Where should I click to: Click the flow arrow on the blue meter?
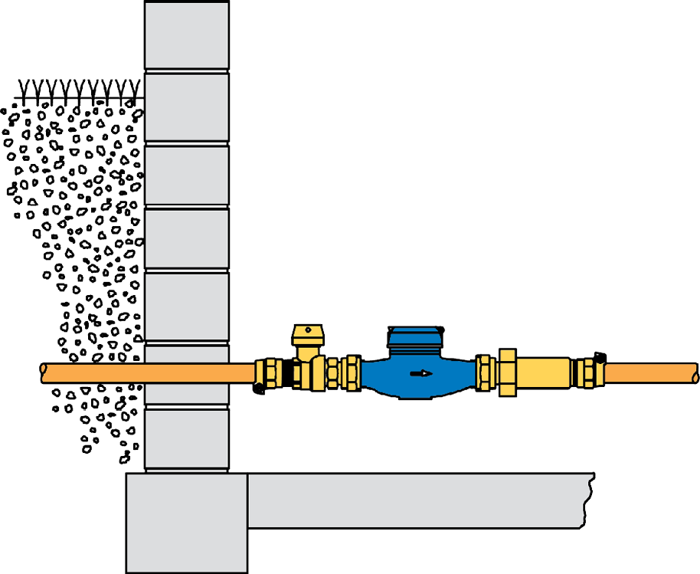point(421,374)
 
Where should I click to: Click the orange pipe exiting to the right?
point(651,373)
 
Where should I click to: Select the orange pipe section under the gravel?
point(92,373)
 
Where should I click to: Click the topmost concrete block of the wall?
point(187,35)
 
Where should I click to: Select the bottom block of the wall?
point(187,438)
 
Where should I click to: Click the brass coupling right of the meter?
point(484,372)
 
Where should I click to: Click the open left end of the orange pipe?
point(44,373)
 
